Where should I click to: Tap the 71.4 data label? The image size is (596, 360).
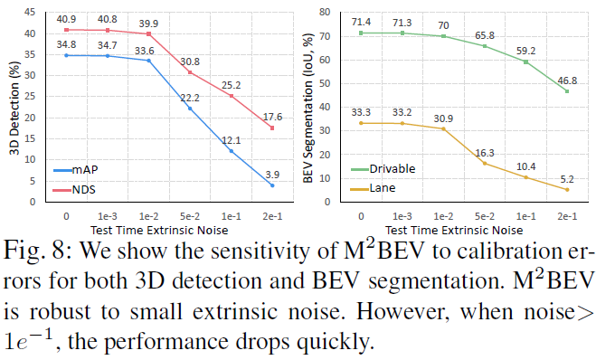coord(362,21)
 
